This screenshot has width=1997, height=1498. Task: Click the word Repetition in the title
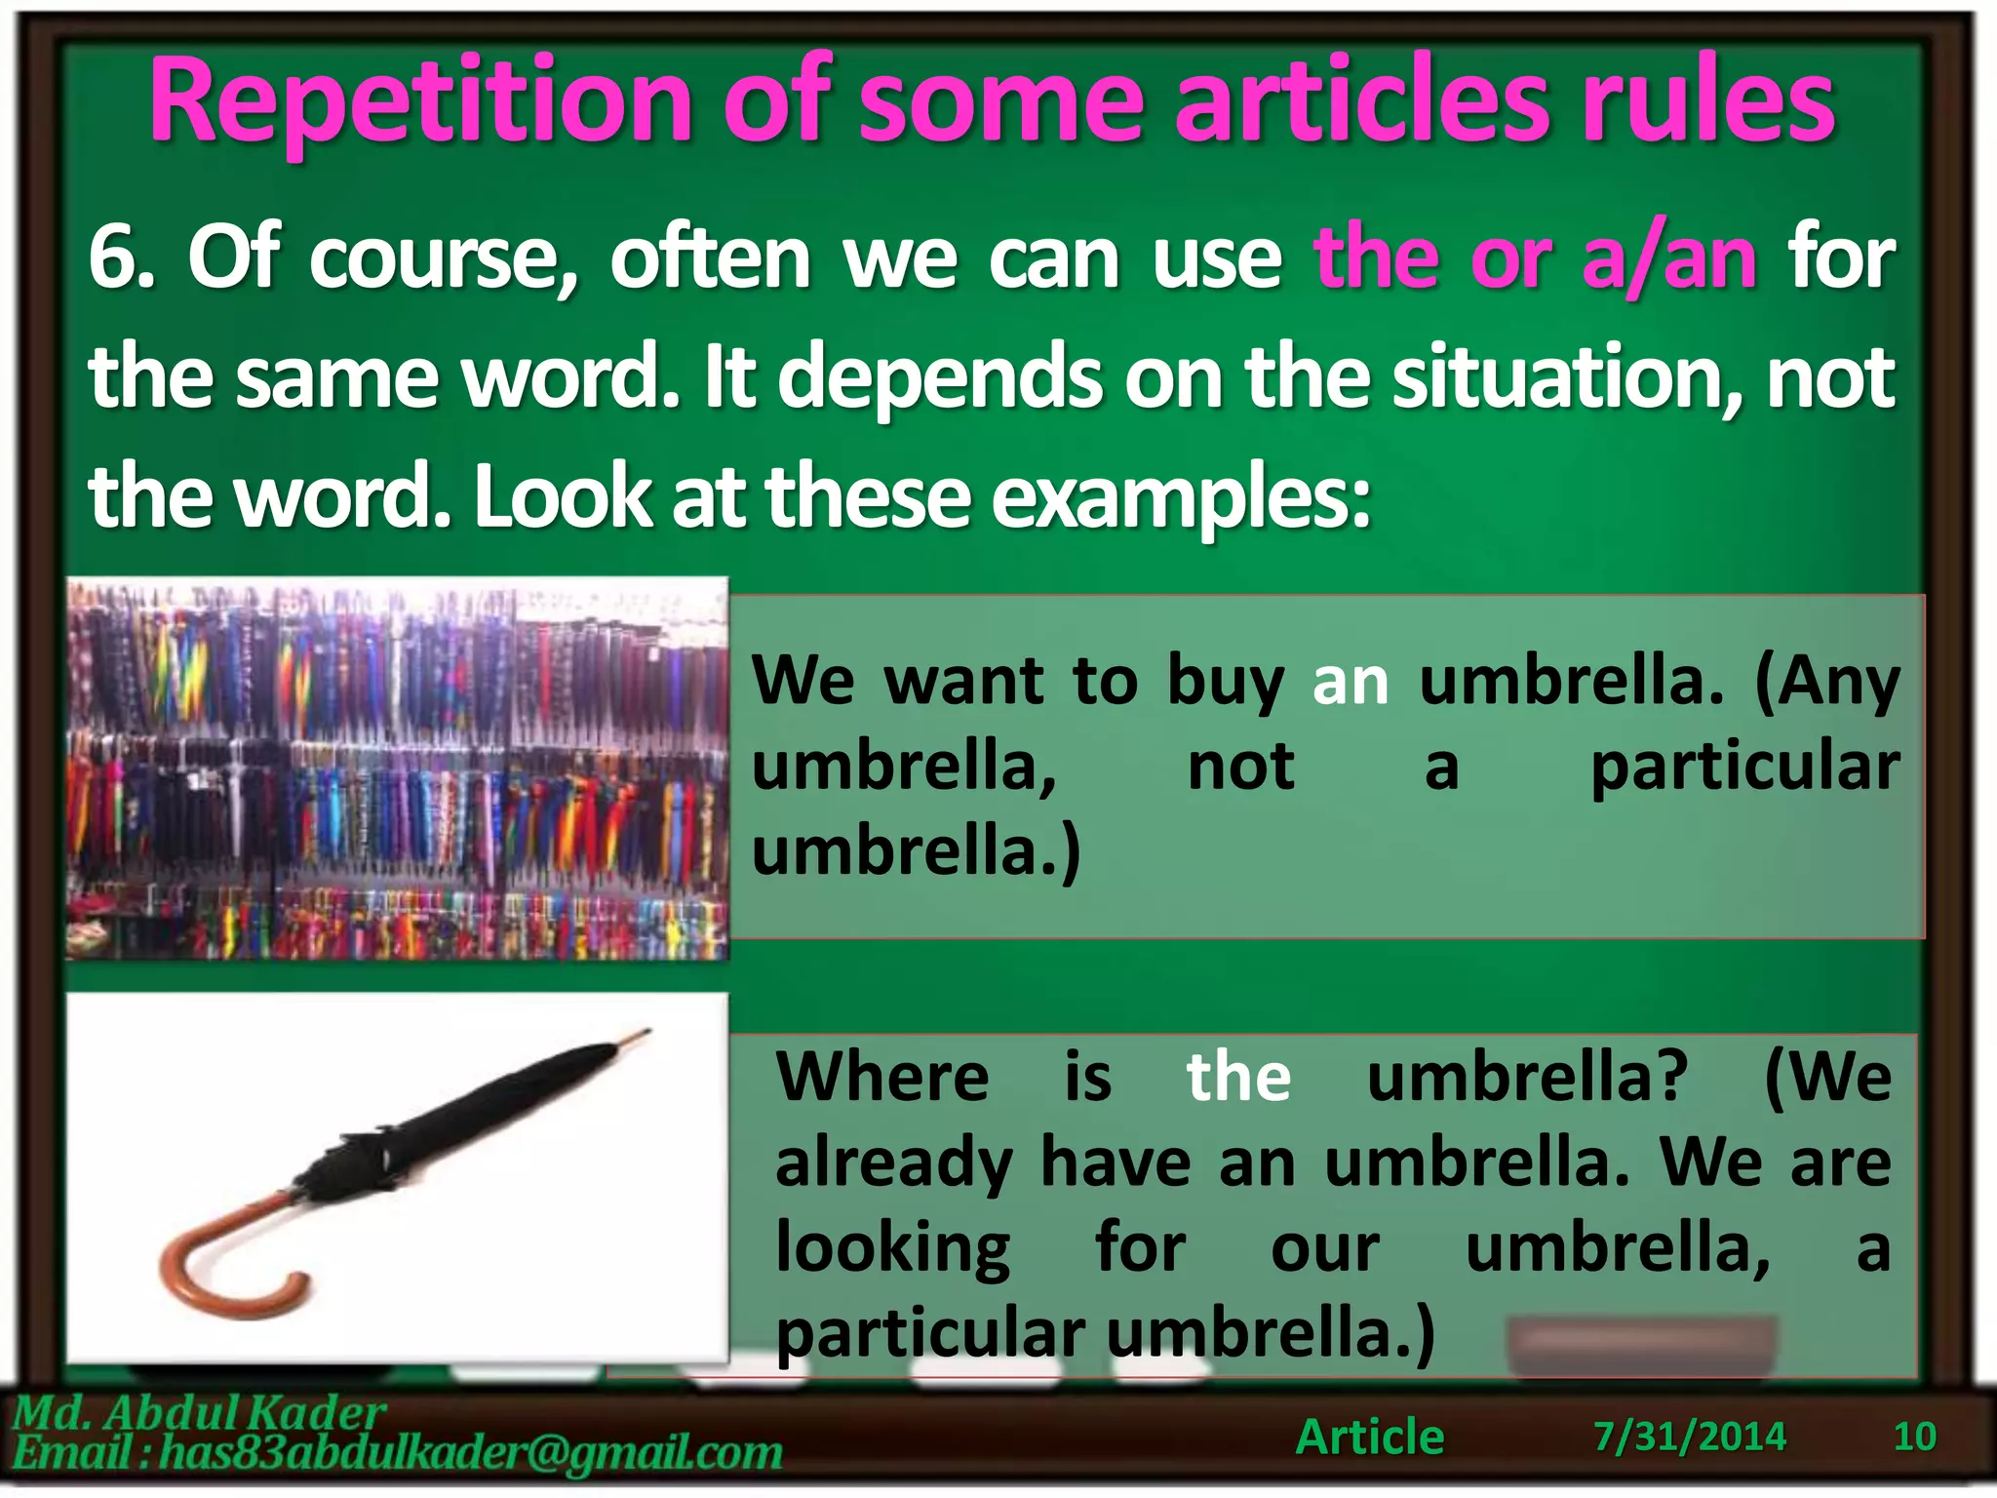(419, 102)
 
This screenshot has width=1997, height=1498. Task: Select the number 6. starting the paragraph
(121, 258)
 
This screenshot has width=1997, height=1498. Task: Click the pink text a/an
(1668, 258)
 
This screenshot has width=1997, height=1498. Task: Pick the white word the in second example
(1238, 1078)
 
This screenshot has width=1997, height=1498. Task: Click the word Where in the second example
(882, 1078)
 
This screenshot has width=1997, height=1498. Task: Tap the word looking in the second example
(892, 1249)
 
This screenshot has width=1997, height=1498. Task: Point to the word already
(893, 1163)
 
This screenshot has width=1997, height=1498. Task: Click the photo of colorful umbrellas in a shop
(397, 769)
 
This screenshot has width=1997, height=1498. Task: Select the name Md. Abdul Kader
(200, 1412)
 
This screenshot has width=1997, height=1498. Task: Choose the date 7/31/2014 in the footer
(1690, 1437)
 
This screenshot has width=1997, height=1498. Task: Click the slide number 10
(1914, 1437)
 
